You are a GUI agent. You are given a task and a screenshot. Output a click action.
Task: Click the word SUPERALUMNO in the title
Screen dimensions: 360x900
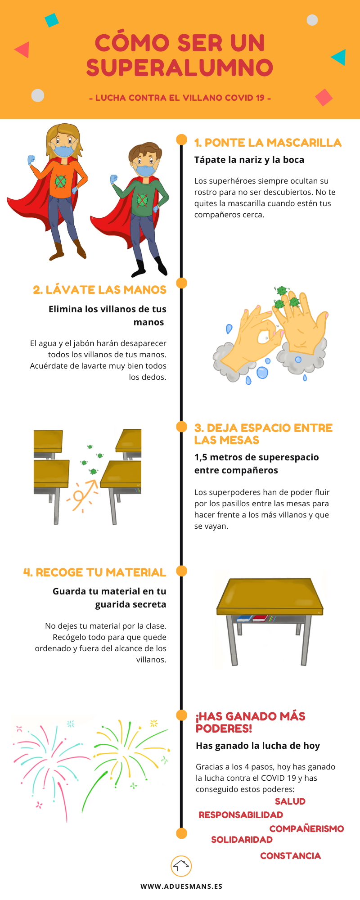point(180,67)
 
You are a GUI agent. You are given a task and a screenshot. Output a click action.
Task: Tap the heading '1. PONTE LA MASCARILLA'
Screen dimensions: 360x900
point(268,143)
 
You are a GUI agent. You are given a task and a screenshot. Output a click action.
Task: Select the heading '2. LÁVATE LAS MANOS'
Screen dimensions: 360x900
point(99,290)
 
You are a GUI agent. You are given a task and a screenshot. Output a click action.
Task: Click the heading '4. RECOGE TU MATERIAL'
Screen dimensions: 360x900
point(94,572)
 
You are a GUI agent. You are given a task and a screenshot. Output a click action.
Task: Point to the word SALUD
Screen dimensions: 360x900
point(290,801)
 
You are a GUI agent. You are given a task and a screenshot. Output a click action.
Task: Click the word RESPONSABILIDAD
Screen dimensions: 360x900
point(241,815)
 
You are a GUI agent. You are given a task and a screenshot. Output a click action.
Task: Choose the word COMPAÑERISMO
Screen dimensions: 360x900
point(306,829)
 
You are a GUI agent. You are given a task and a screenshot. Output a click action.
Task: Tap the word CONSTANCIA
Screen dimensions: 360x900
point(290,856)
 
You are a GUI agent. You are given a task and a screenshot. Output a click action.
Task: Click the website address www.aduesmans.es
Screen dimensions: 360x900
point(181,886)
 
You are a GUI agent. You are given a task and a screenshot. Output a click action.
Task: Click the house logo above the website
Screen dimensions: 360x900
point(181,866)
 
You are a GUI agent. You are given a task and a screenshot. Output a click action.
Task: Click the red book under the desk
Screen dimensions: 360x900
point(260,618)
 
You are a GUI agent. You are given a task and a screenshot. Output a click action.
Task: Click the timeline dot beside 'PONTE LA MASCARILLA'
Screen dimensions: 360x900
point(181,139)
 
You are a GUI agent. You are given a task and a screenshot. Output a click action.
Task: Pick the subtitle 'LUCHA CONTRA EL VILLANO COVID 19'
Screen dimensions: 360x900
point(180,98)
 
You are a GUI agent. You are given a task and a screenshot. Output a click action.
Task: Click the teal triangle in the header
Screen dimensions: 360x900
point(339,57)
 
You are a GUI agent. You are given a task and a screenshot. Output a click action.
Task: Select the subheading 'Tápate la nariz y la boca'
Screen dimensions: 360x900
point(249,160)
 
